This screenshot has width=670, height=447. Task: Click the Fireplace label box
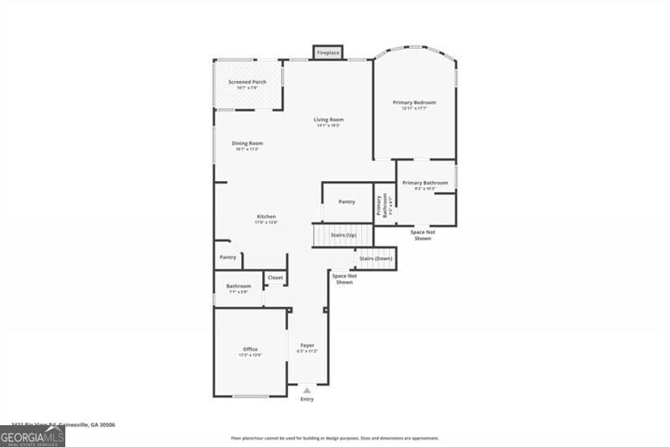pyautogui.click(x=328, y=53)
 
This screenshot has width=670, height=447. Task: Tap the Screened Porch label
pyautogui.click(x=247, y=82)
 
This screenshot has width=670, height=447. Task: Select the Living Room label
pyautogui.click(x=328, y=120)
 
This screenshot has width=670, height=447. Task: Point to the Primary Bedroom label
pyautogui.click(x=415, y=103)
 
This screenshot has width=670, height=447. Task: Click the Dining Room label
pyautogui.click(x=247, y=143)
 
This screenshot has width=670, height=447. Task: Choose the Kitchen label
pyautogui.click(x=266, y=217)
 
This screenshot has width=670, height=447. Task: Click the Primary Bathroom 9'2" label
pyautogui.click(x=425, y=184)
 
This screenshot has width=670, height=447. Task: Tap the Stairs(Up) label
pyautogui.click(x=343, y=236)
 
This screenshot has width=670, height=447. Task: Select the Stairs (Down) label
pyautogui.click(x=376, y=258)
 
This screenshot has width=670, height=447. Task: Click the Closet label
pyautogui.click(x=276, y=278)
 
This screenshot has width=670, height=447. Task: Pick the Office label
pyautogui.click(x=250, y=350)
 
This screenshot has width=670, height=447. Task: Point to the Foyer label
pyautogui.click(x=307, y=346)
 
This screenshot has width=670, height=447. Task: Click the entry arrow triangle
pyautogui.click(x=307, y=390)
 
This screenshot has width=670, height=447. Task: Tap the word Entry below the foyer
pyautogui.click(x=307, y=399)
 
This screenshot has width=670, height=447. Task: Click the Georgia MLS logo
pyautogui.click(x=33, y=436)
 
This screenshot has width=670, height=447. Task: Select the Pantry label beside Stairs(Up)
pyautogui.click(x=347, y=202)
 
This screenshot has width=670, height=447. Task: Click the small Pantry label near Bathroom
pyautogui.click(x=228, y=257)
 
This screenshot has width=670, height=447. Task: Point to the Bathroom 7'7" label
pyautogui.click(x=238, y=287)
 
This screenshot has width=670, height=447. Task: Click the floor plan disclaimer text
pyautogui.click(x=335, y=438)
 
